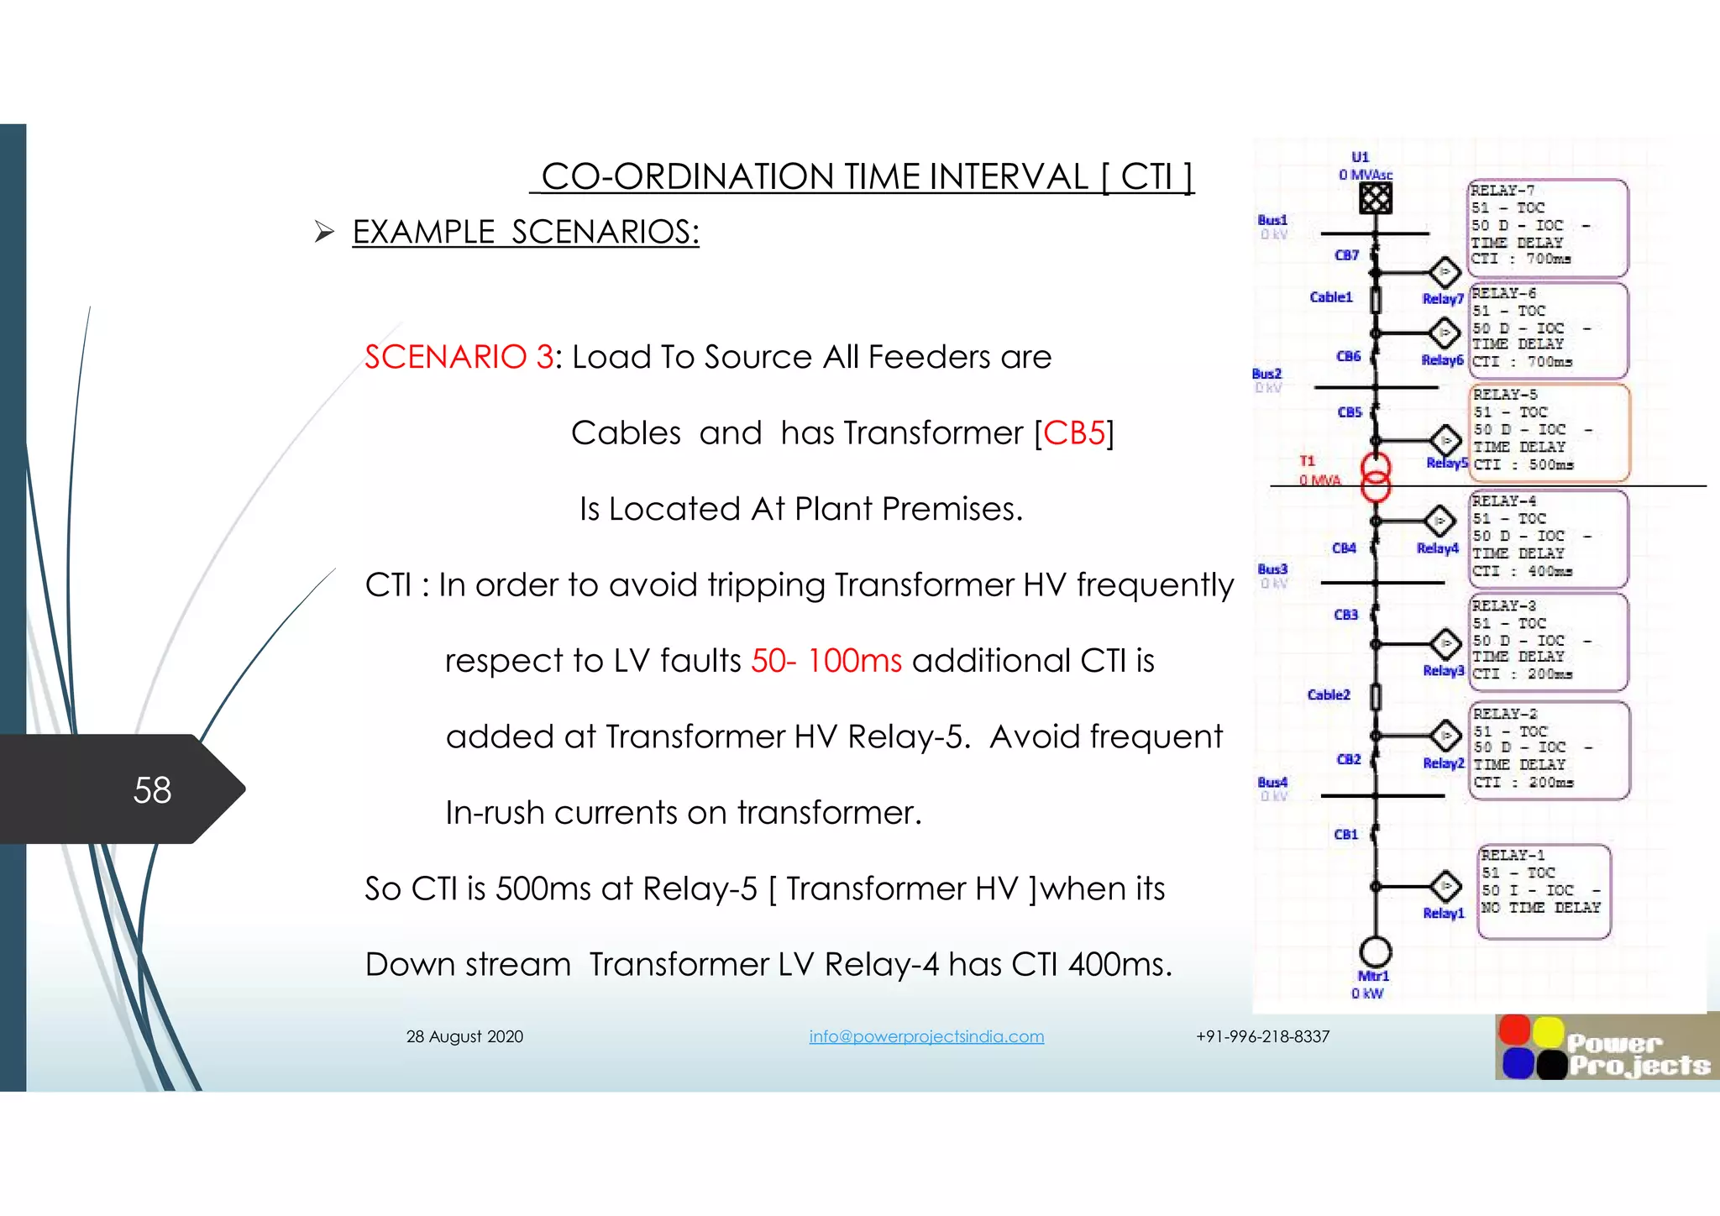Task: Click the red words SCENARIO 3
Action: [459, 357]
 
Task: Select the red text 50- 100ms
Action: [826, 661]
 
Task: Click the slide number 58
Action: [152, 790]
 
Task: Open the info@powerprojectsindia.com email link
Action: [926, 1036]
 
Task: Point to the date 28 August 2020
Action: [464, 1036]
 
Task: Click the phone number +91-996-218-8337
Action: [1262, 1036]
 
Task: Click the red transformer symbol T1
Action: [1375, 476]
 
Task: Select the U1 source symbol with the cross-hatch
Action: [1375, 199]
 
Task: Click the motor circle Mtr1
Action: [1375, 951]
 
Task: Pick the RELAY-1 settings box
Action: [1544, 891]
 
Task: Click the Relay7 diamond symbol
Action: [1445, 272]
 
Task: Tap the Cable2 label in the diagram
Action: [1329, 694]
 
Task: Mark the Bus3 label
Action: [1272, 569]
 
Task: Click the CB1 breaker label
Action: [1345, 834]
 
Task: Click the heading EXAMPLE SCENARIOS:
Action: [526, 232]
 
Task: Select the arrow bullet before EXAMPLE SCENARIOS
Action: [324, 232]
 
